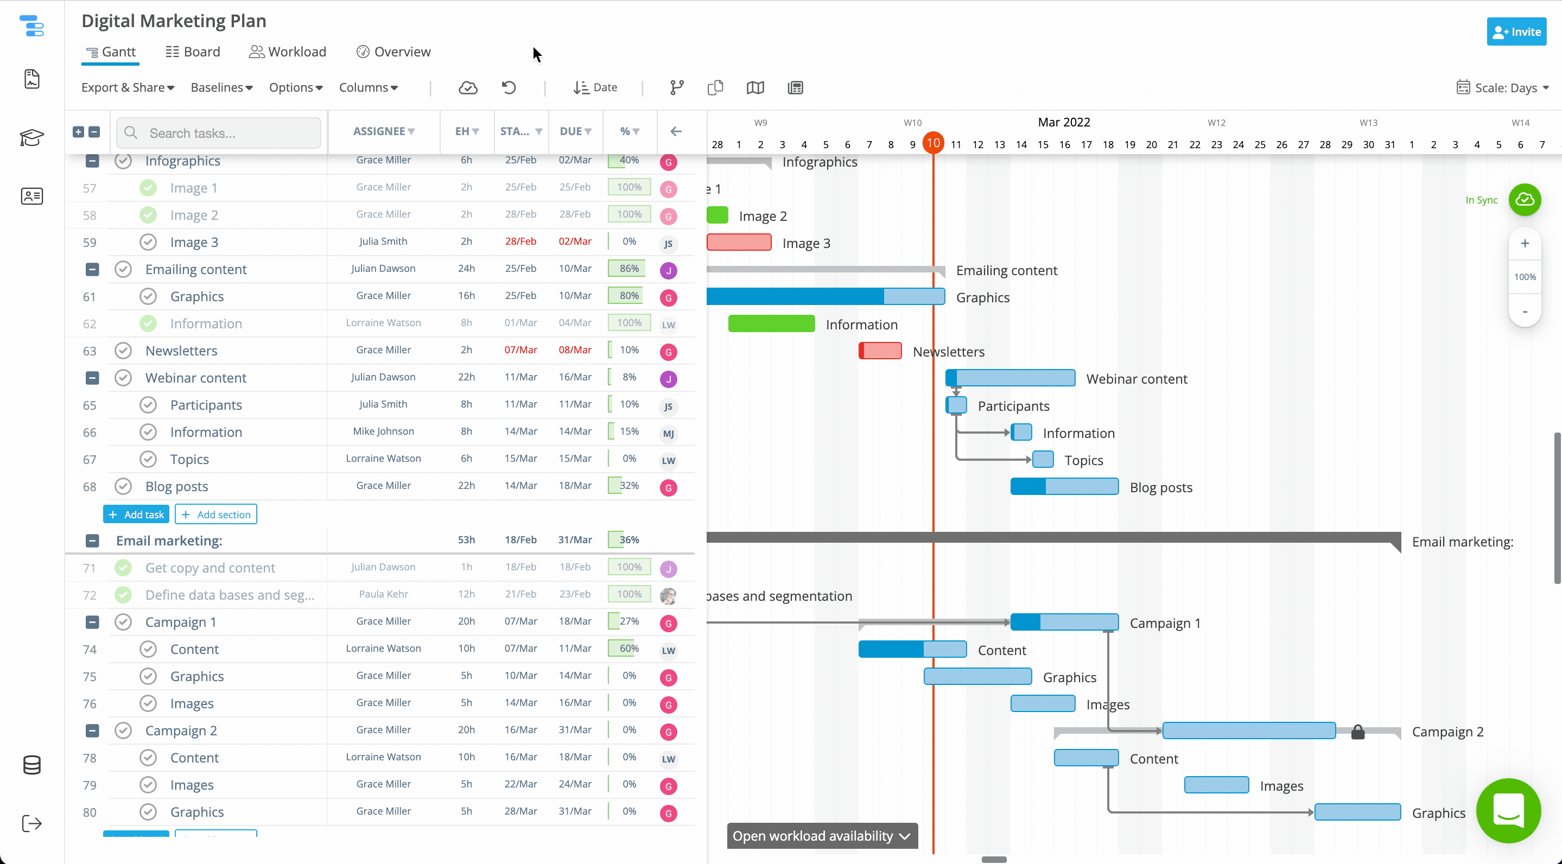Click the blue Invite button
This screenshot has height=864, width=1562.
tap(1516, 31)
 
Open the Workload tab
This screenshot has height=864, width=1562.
tap(288, 52)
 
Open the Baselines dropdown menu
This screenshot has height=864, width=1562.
tap(221, 87)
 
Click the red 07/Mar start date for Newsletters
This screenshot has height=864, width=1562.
tap(520, 350)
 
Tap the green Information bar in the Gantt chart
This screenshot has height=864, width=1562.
tap(771, 324)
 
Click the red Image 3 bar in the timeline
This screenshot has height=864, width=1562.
tap(739, 243)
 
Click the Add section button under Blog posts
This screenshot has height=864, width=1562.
tap(216, 514)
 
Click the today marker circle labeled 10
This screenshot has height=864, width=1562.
tap(933, 143)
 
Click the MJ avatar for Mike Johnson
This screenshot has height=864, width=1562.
tap(668, 434)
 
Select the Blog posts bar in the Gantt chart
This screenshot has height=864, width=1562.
tap(1064, 486)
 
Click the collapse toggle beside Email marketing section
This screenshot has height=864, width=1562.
tap(92, 540)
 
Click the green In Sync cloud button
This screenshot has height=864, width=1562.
tap(1525, 200)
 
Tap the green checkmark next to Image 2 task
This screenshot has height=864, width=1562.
tap(148, 214)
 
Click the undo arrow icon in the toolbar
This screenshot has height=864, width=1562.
tap(509, 87)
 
